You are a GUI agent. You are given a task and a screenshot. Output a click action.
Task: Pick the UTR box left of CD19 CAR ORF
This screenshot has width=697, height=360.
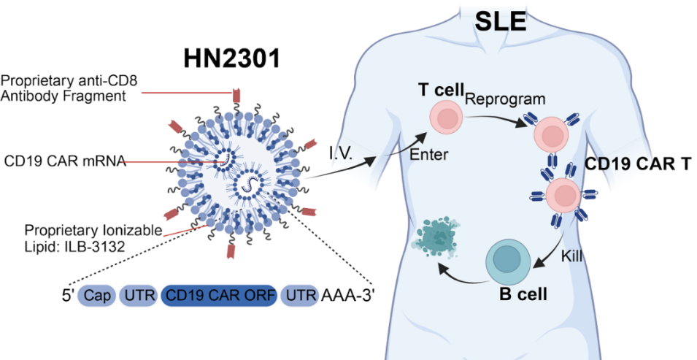137,296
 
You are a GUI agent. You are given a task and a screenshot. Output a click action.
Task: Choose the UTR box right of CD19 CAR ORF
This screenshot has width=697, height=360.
300,296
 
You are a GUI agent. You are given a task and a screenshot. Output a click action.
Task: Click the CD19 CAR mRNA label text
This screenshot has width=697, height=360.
65,161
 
